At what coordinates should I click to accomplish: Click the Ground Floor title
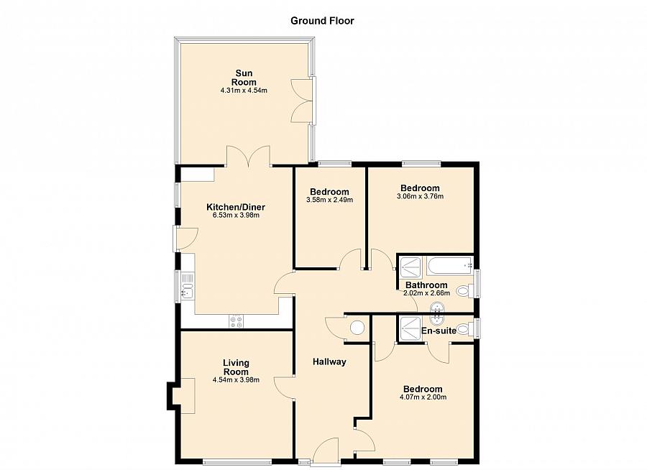pos(322,20)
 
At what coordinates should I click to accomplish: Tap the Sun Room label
pos(244,77)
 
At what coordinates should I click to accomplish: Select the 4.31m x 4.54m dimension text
pos(244,91)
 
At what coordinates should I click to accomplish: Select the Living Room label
pos(236,367)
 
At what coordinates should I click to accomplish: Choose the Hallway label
pos(329,361)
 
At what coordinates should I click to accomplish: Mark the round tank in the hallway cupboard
pos(357,329)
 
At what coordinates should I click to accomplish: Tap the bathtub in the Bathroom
pos(449,267)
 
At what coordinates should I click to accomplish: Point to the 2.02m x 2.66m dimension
pos(426,293)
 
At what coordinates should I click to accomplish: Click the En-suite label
pos(438,331)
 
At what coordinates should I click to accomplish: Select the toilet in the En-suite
pos(464,329)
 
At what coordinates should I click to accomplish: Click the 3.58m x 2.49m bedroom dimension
pos(329,201)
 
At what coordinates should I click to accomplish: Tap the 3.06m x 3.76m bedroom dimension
pos(420,196)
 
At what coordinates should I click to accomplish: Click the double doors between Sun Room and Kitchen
pos(248,156)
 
